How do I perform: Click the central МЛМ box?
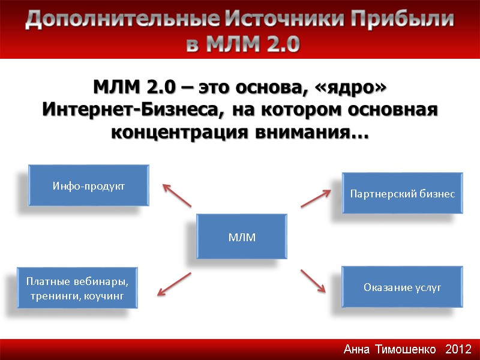click(242, 238)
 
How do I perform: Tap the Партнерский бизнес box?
click(402, 194)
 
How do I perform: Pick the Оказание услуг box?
click(402, 287)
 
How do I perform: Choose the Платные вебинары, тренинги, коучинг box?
click(77, 288)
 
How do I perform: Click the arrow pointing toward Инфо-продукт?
click(177, 196)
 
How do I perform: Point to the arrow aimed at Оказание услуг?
click(313, 280)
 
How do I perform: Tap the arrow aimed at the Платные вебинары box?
click(174, 284)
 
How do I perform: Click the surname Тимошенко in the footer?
click(406, 349)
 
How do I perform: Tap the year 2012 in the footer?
click(459, 349)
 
